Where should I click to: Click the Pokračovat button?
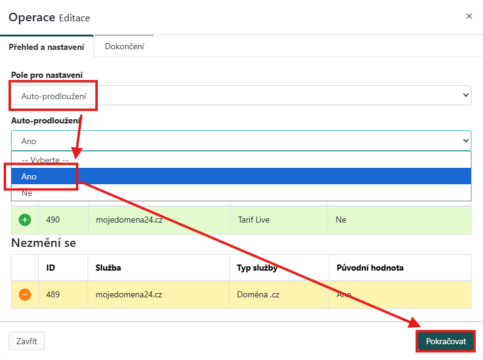coord(446,341)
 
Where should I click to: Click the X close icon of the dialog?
coord(469,16)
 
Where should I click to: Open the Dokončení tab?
coord(124,46)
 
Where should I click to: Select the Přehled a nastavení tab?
coord(47,47)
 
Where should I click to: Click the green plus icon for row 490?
coord(25,220)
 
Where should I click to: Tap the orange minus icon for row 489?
coord(25,294)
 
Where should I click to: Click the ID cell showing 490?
coord(53,220)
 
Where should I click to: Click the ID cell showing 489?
coord(53,294)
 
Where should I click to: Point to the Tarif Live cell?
coord(254,220)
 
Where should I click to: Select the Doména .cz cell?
coord(258,294)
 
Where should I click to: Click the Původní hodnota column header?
coord(370,268)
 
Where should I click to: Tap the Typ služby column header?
coord(257,268)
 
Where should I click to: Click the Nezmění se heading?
coord(43,243)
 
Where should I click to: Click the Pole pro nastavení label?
coord(47,75)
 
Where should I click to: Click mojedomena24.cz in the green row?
coord(129,220)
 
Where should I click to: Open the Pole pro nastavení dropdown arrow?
coord(466,95)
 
